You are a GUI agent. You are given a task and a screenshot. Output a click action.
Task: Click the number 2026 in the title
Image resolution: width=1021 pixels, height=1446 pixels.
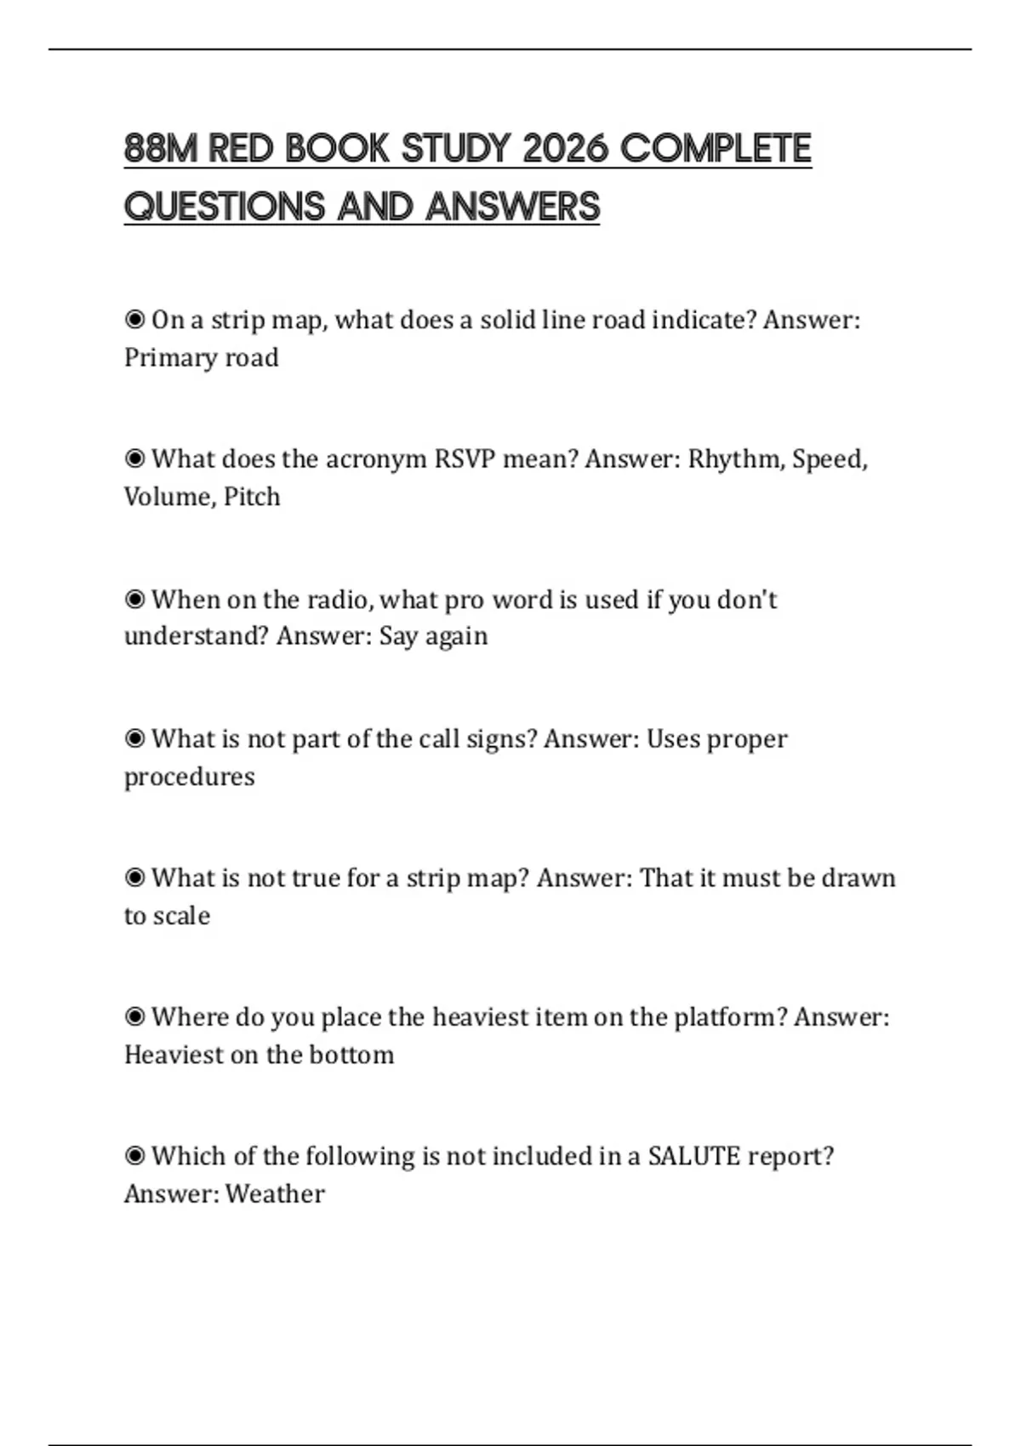[565, 149]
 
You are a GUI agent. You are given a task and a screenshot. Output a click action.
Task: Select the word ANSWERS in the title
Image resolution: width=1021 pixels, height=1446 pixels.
[513, 207]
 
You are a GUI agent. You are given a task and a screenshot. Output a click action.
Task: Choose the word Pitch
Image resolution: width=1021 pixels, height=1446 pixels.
[252, 497]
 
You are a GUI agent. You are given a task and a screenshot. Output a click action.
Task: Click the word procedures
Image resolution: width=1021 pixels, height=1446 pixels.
[189, 777]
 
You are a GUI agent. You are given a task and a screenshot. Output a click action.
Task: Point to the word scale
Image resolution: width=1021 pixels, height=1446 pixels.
[181, 916]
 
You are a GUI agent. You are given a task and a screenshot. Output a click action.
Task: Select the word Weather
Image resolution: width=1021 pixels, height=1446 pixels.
[275, 1194]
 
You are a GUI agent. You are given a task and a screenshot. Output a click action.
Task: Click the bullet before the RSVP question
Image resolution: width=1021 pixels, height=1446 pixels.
[134, 459]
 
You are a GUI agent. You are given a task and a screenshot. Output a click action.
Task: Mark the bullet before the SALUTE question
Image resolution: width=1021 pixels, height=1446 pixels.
[134, 1157]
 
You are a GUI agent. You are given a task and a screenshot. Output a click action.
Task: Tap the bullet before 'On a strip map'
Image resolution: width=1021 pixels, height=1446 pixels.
[134, 320]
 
